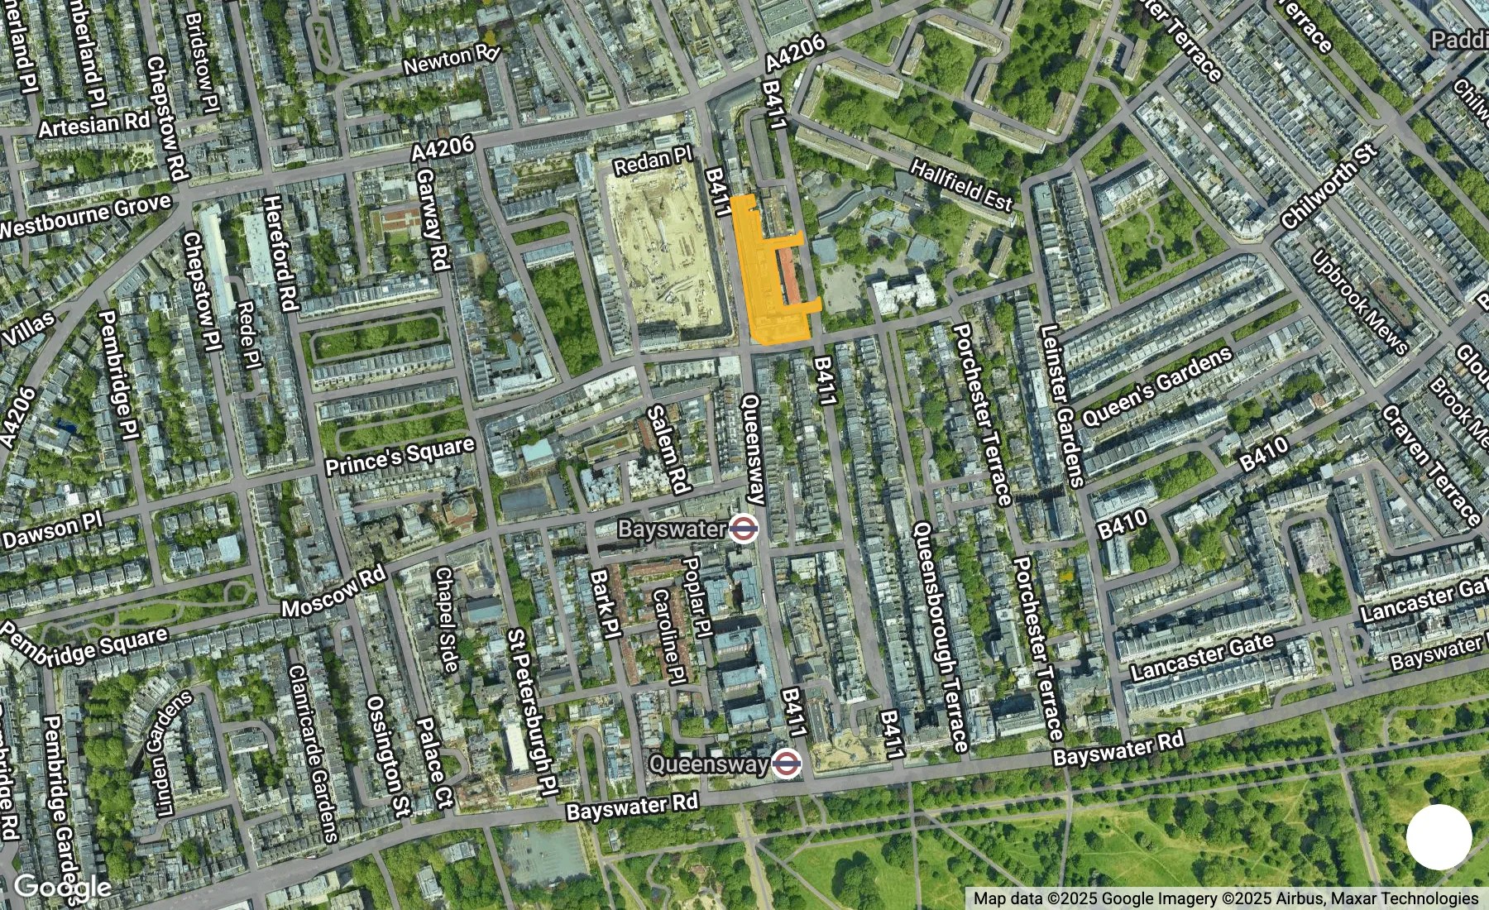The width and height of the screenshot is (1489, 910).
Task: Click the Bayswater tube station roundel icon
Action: [744, 528]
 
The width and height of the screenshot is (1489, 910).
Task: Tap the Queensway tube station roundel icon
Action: [787, 764]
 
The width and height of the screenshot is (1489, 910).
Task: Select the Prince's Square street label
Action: [400, 456]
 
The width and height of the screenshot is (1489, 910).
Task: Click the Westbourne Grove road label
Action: [84, 216]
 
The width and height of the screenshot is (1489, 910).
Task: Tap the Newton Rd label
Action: [452, 60]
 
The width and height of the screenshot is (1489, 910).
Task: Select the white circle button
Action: [1439, 836]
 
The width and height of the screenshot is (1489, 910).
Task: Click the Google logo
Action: [62, 888]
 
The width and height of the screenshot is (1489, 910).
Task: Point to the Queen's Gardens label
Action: [1156, 387]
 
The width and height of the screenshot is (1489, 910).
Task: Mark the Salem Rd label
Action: [668, 449]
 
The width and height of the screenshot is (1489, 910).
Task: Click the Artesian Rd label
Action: [94, 124]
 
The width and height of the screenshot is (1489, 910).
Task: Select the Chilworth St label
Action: [1329, 187]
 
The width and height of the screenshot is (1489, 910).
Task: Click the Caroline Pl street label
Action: [668, 635]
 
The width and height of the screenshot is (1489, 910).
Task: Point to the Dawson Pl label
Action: [51, 530]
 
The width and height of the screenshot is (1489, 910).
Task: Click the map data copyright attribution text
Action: [1225, 898]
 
